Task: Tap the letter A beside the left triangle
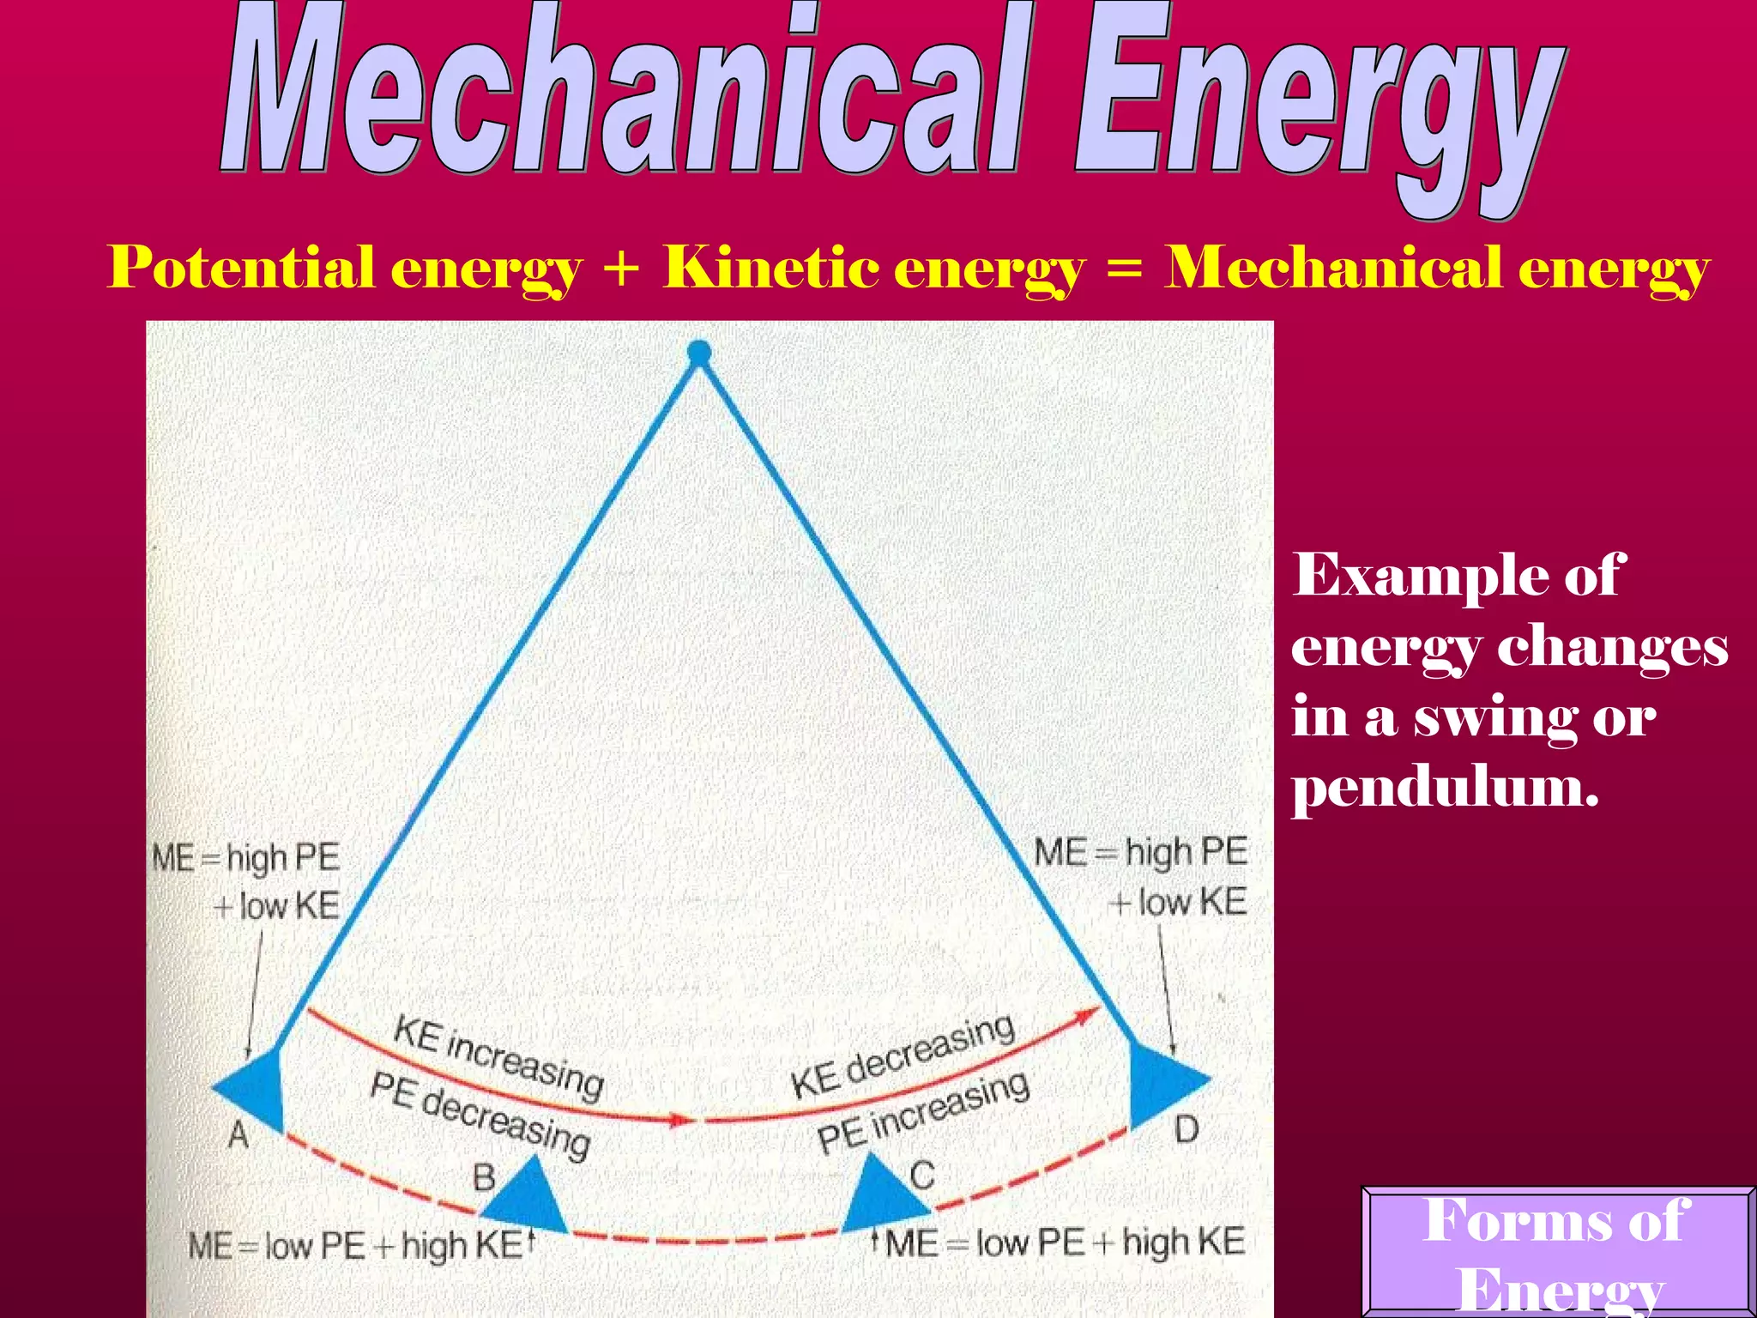point(238,1135)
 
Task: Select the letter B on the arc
point(484,1176)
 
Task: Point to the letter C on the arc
point(922,1175)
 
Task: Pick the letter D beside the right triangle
point(1186,1129)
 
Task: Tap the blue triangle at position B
point(525,1197)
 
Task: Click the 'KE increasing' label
point(498,1056)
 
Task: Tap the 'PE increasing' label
point(923,1112)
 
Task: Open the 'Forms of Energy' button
point(1558,1253)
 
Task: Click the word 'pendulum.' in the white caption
point(1446,788)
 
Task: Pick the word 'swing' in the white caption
point(1494,719)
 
